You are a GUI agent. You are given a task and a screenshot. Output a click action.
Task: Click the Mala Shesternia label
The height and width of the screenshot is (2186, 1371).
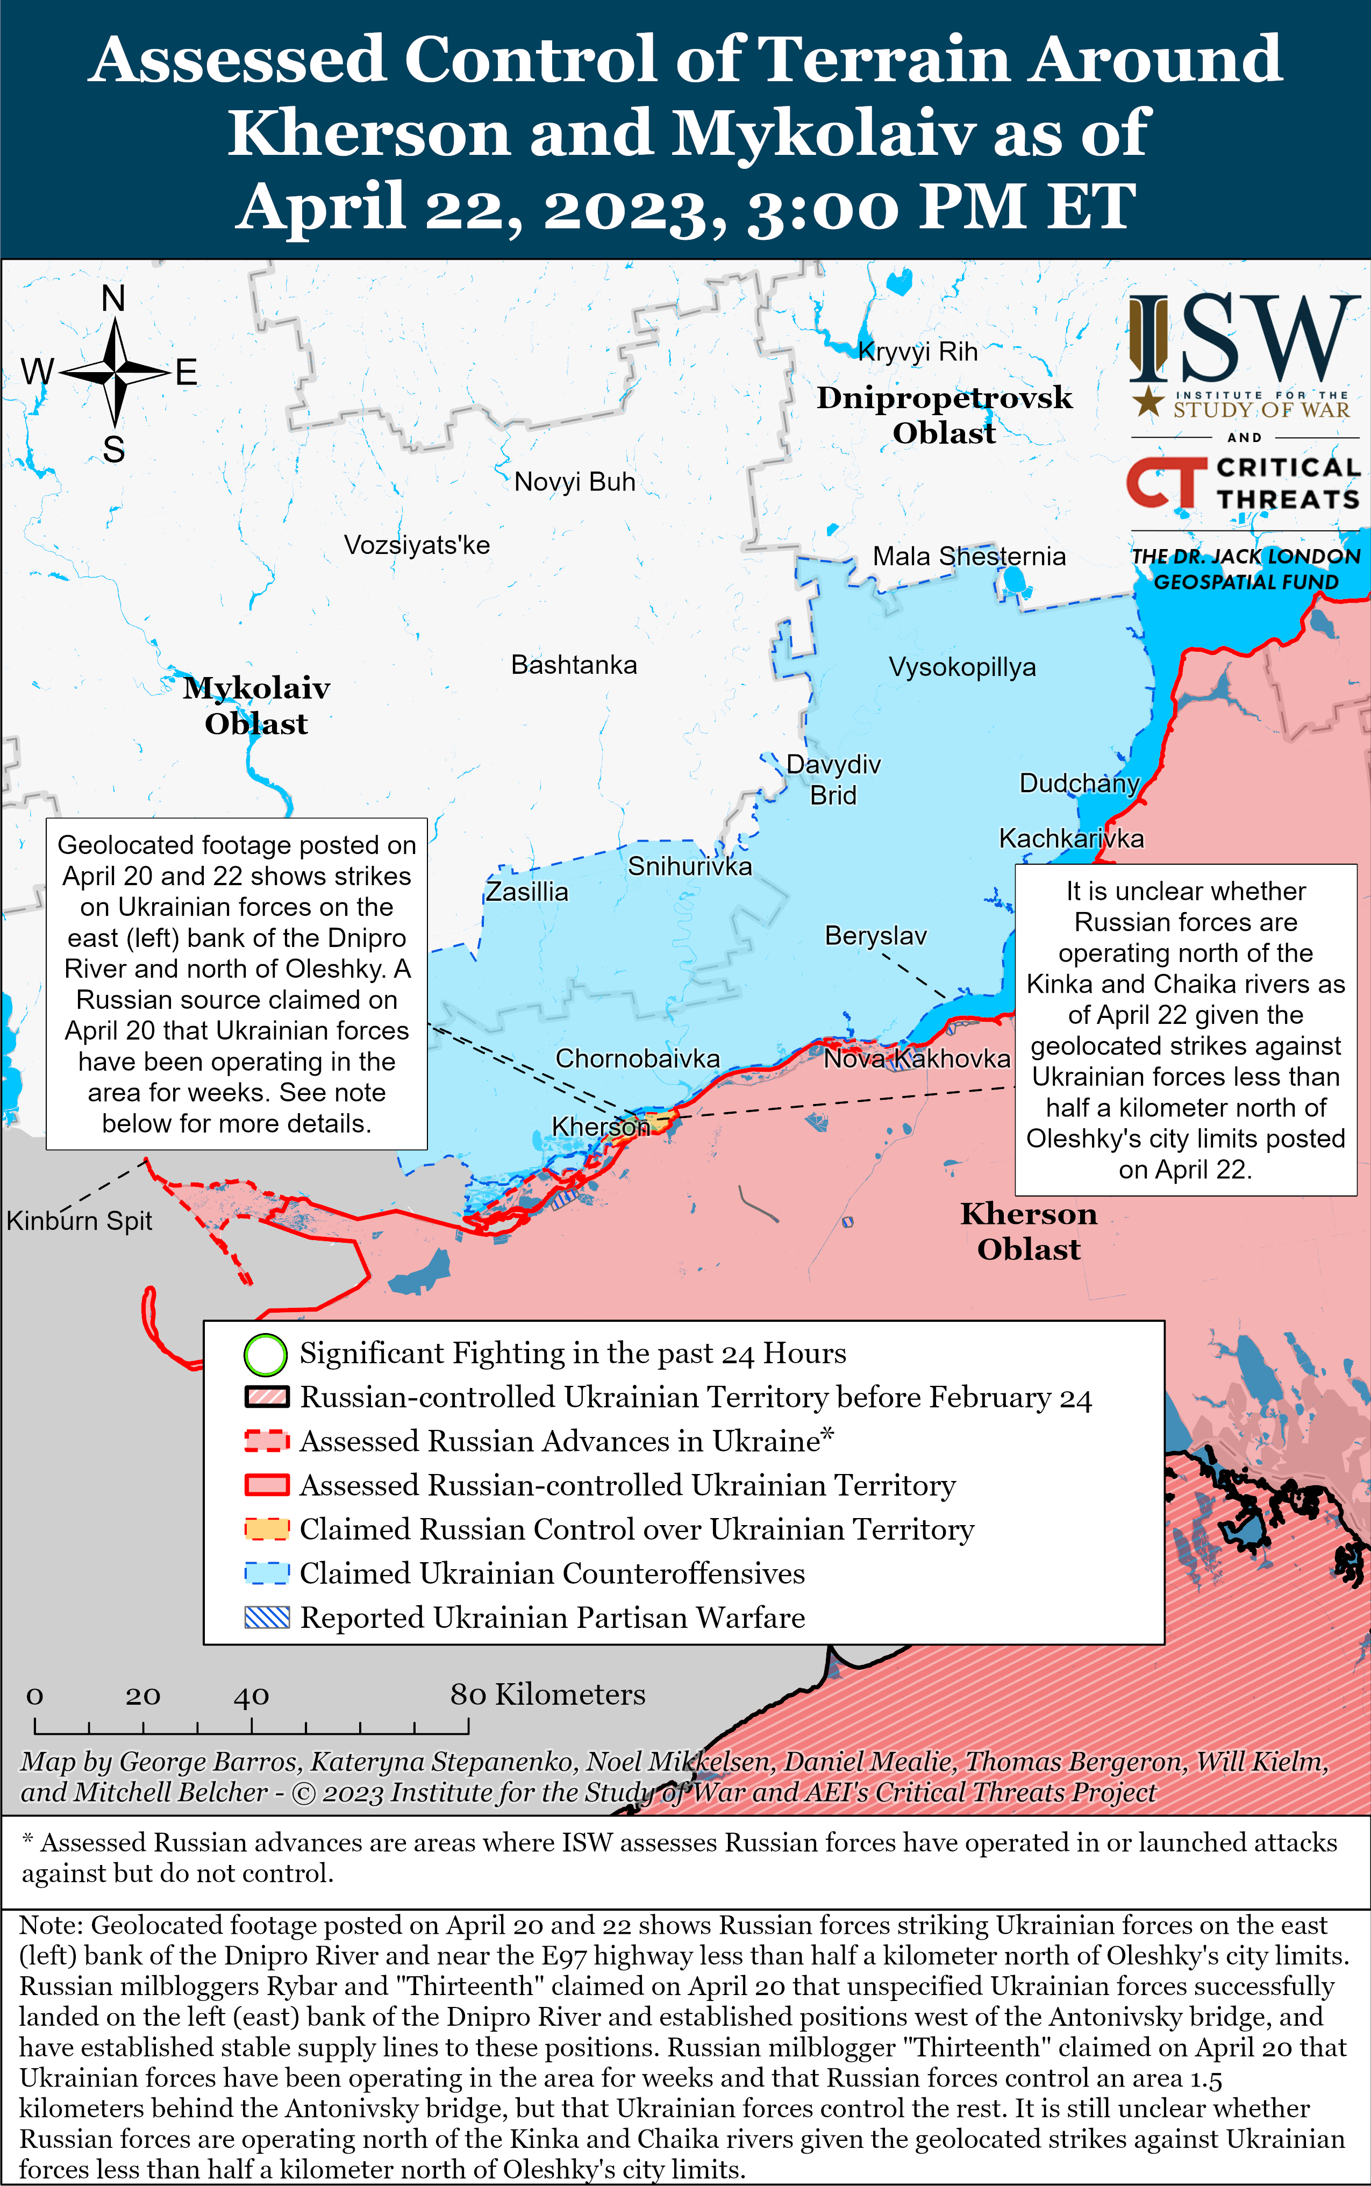(x=968, y=556)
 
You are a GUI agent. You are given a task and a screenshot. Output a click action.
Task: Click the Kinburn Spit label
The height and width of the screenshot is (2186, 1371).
(x=79, y=1220)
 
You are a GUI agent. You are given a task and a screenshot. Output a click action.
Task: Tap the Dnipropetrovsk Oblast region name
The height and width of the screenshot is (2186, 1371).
(x=944, y=415)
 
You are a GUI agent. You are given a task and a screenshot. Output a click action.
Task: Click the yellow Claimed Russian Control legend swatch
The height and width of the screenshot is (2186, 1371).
(x=267, y=1529)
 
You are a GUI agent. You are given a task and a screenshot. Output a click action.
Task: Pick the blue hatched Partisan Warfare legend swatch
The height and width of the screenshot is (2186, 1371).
(x=267, y=1618)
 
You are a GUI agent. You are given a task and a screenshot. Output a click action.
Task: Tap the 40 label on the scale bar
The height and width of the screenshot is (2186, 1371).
(x=251, y=1696)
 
